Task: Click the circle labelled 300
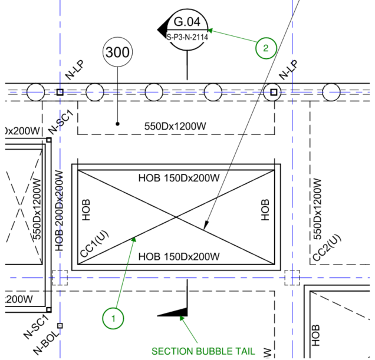coord(118,52)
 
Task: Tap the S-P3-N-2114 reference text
coord(187,36)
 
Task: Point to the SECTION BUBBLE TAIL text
coord(203,351)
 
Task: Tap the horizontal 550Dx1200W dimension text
coord(175,125)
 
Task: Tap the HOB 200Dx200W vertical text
coord(59,211)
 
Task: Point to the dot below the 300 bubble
coord(118,124)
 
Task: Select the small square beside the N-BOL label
coord(60,325)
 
